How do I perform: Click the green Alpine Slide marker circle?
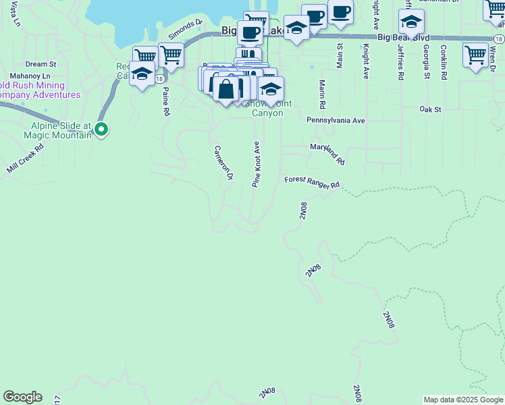pyautogui.click(x=101, y=128)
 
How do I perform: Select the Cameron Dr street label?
pyautogui.click(x=223, y=163)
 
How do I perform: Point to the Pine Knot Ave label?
pyautogui.click(x=257, y=164)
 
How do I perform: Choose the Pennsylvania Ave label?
pyautogui.click(x=336, y=120)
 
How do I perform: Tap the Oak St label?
pyautogui.click(x=429, y=109)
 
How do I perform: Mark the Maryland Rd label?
pyautogui.click(x=327, y=153)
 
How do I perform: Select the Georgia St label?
pyautogui.click(x=427, y=62)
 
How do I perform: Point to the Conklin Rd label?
pyautogui.click(x=444, y=62)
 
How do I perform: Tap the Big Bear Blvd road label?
pyautogui.click(x=402, y=38)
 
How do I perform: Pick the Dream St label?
pyautogui.click(x=36, y=64)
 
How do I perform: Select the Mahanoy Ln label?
pyautogui.click(x=30, y=76)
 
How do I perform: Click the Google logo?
pyautogui.click(x=22, y=397)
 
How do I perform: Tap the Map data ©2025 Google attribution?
pyautogui.click(x=464, y=400)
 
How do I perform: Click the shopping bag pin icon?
pyautogui.click(x=225, y=88)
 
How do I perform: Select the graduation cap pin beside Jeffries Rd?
pyautogui.click(x=411, y=23)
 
